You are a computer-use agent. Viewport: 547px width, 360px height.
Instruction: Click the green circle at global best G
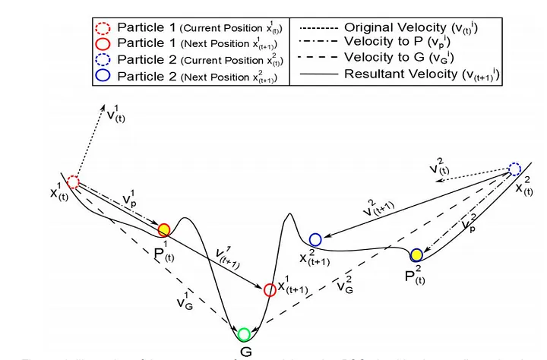click(244, 334)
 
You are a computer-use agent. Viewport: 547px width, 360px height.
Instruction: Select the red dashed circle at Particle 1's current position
click(73, 182)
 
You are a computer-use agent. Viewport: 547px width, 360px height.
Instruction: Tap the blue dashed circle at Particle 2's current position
click(514, 169)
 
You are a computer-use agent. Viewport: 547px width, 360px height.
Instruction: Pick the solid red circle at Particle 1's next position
click(269, 289)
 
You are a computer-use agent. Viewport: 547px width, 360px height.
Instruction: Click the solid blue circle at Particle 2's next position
click(315, 239)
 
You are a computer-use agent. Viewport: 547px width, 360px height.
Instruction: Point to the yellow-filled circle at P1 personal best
click(163, 229)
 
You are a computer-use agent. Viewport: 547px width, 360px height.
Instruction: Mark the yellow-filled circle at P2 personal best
click(416, 254)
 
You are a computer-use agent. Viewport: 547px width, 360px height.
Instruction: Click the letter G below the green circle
click(245, 352)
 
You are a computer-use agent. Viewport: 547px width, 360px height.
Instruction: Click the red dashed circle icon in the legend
click(104, 27)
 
